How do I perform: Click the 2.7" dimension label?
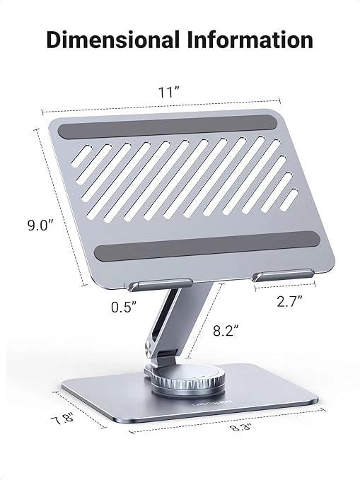coord(290,300)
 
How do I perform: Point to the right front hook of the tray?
coord(283,275)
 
